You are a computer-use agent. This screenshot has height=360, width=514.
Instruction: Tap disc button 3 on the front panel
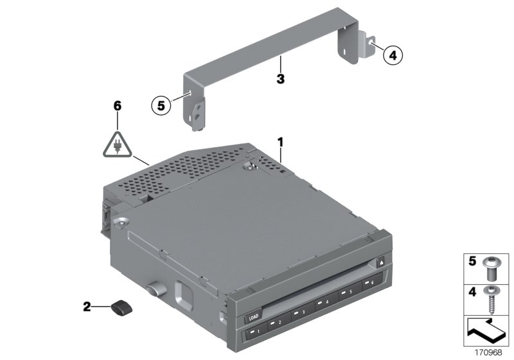click(299, 312)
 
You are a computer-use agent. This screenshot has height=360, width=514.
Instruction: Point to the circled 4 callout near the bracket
click(393, 56)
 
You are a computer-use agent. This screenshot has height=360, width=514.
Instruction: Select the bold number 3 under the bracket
click(280, 80)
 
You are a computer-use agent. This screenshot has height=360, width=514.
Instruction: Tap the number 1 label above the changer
click(279, 140)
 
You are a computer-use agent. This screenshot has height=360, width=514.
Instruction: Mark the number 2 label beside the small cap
click(86, 307)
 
